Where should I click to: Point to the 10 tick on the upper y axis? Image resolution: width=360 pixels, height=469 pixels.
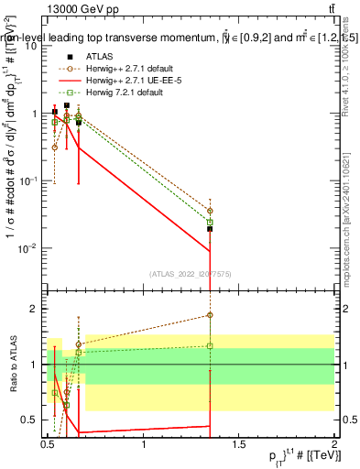coord(33,46)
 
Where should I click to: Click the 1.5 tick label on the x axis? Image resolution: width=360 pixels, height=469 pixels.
coord(239,445)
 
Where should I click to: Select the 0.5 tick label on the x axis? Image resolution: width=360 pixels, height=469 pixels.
coord(49,445)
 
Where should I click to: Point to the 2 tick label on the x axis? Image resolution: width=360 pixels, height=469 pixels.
coord(334,445)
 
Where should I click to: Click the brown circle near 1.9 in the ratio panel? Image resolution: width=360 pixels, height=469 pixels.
coord(210,315)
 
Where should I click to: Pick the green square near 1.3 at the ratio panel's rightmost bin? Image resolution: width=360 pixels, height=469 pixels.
coord(210,346)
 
